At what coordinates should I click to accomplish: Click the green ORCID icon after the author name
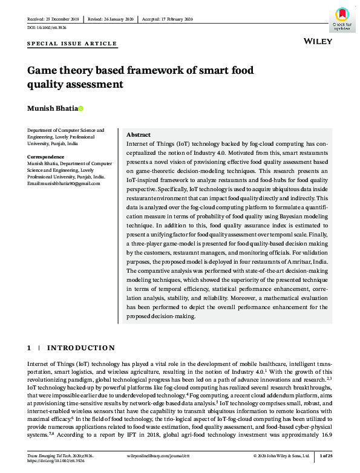tap(80, 109)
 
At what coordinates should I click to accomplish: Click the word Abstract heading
tap(139, 134)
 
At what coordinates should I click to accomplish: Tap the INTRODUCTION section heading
tap(81, 348)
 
